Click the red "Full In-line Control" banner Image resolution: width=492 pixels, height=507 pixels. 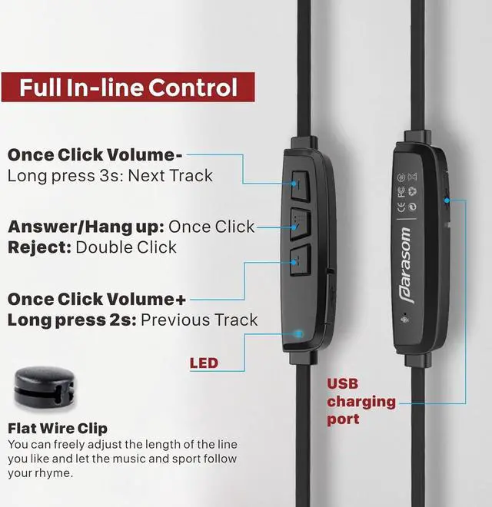[x=128, y=87]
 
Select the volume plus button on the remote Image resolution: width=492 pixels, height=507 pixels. [x=300, y=260]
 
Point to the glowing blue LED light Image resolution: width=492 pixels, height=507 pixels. [x=299, y=333]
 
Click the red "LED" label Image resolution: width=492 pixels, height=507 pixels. [x=204, y=363]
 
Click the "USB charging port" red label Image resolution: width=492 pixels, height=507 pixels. [x=361, y=401]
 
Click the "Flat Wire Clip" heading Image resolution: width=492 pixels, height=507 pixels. [x=58, y=428]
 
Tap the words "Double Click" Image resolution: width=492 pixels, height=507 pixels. [x=126, y=247]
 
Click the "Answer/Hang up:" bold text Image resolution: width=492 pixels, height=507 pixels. [x=85, y=227]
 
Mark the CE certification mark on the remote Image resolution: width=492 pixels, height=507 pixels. [x=401, y=205]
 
